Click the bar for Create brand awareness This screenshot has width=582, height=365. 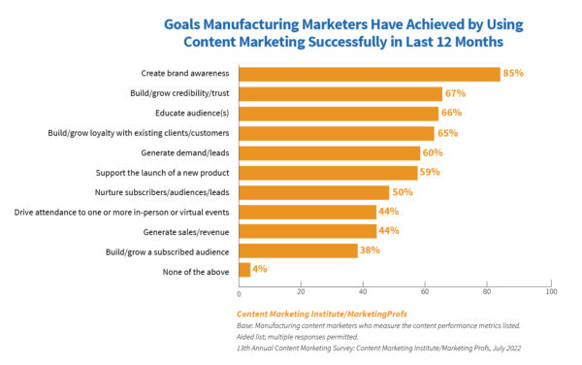(369, 74)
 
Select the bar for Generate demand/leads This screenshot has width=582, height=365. (330, 152)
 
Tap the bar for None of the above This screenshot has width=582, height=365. (244, 270)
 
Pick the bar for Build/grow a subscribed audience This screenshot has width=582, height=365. (298, 250)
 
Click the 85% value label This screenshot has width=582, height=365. (514, 74)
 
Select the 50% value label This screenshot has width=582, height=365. (404, 192)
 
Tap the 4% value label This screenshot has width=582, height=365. (259, 270)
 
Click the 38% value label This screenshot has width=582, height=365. (369, 250)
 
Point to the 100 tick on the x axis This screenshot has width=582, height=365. (551, 292)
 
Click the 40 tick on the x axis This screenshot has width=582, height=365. (364, 292)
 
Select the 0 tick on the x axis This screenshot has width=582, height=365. (239, 292)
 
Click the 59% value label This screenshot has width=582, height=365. (431, 172)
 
